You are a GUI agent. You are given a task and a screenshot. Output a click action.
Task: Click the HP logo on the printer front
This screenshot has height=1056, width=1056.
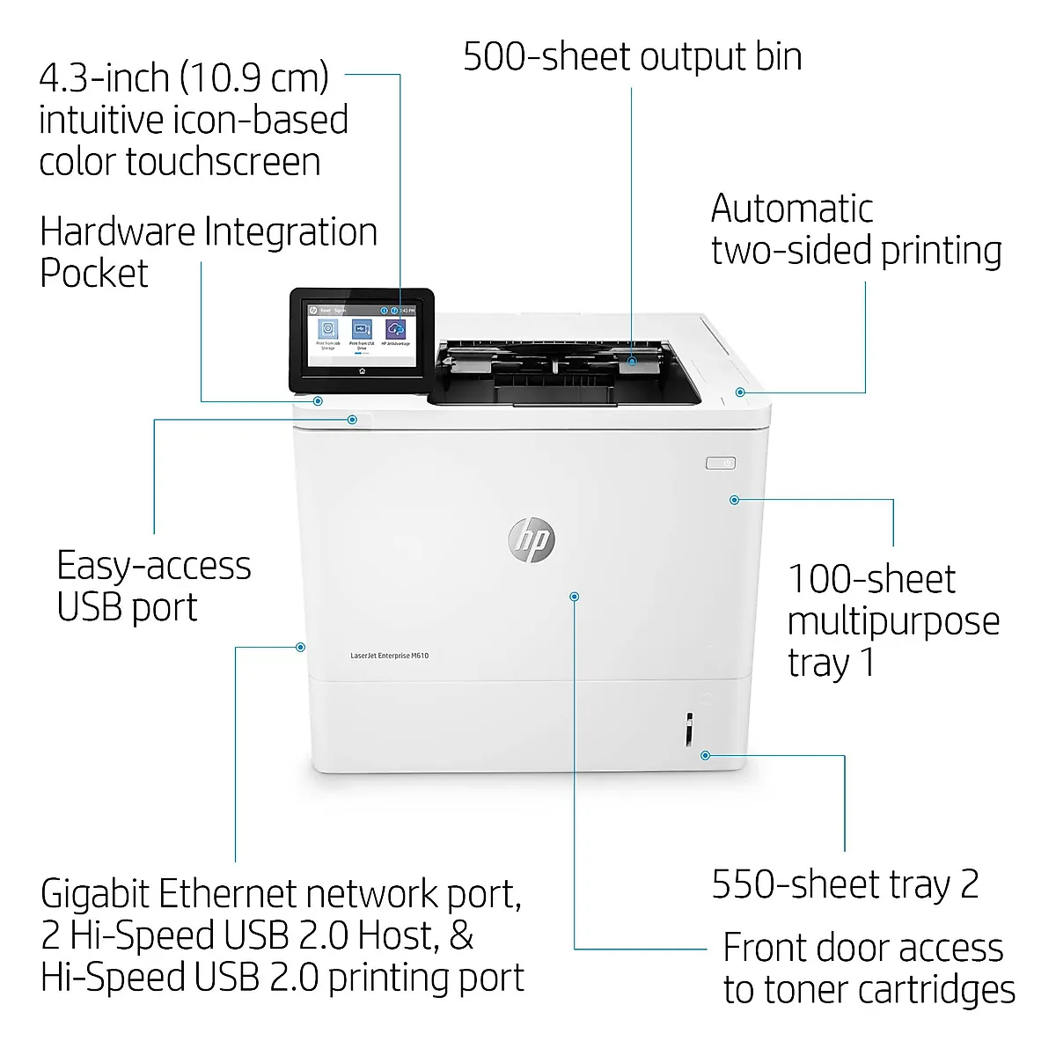pyautogui.click(x=531, y=539)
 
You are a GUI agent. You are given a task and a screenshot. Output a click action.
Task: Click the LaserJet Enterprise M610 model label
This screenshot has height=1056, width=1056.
pyautogui.click(x=389, y=656)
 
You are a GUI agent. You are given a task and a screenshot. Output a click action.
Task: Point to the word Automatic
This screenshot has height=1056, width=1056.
pyautogui.click(x=791, y=209)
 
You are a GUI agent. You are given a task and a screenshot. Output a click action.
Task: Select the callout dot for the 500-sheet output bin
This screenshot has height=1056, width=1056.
pyautogui.click(x=632, y=361)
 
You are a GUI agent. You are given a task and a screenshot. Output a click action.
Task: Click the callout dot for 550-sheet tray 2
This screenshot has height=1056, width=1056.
pyautogui.click(x=705, y=755)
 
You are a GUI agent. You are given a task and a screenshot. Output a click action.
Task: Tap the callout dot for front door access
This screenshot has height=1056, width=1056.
pyautogui.click(x=575, y=597)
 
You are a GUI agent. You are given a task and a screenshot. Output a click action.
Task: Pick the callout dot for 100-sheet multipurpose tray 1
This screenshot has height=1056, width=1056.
pyautogui.click(x=734, y=500)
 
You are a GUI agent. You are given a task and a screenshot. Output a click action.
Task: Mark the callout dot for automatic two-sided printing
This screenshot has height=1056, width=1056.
pyautogui.click(x=740, y=392)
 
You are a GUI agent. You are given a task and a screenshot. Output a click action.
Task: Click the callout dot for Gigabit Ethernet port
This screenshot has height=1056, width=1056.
pyautogui.click(x=300, y=647)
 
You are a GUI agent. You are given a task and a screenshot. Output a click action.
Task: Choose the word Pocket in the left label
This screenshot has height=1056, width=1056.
pyautogui.click(x=94, y=274)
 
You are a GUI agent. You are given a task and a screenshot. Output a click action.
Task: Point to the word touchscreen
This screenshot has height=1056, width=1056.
pyautogui.click(x=223, y=162)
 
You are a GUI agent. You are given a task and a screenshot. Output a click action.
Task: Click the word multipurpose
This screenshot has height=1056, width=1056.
pyautogui.click(x=893, y=621)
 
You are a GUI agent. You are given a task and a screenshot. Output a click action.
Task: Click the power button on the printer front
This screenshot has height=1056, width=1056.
pyautogui.click(x=721, y=463)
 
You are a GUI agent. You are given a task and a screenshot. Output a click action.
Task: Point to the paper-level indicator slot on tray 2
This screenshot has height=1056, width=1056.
pyautogui.click(x=689, y=730)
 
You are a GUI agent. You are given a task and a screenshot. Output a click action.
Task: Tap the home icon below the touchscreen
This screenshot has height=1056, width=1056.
pyautogui.click(x=362, y=372)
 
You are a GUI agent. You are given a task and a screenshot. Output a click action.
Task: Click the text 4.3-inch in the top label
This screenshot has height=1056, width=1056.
pyautogui.click(x=104, y=78)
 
